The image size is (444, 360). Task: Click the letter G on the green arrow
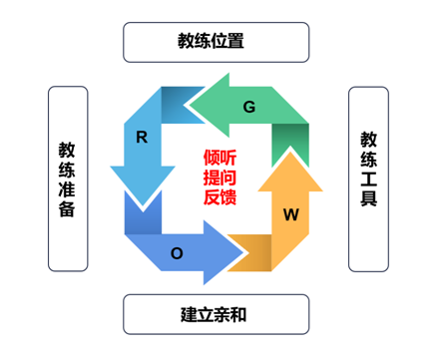(249, 106)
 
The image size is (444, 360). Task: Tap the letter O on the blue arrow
(177, 253)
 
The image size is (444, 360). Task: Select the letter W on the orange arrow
(291, 213)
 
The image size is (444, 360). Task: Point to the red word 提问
(222, 179)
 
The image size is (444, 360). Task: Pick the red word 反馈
(222, 197)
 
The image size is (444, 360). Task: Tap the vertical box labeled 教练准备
(67, 179)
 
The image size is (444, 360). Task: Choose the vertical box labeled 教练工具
(368, 179)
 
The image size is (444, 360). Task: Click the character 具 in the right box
(368, 200)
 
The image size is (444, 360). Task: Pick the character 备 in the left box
(67, 208)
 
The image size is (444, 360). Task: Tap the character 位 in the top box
(218, 42)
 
